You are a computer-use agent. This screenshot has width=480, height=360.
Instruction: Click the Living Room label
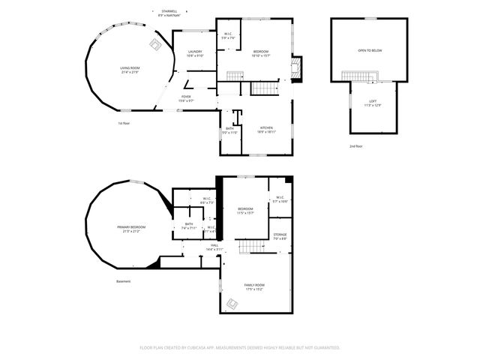pos(130,68)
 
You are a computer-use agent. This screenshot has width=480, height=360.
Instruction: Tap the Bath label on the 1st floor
pos(229,128)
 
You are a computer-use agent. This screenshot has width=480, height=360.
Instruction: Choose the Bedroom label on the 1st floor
pos(260,51)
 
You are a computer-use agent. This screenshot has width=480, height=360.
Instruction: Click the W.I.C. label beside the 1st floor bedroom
pos(228,35)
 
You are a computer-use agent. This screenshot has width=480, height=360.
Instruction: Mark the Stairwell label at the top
pos(169,11)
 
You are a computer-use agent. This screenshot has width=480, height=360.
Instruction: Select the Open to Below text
pos(369,50)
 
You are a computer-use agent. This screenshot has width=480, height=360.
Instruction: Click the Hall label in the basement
pos(214,245)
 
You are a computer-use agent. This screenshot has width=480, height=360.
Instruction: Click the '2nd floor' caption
pos(355,145)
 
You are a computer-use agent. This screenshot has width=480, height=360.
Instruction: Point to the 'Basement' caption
pos(124,281)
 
